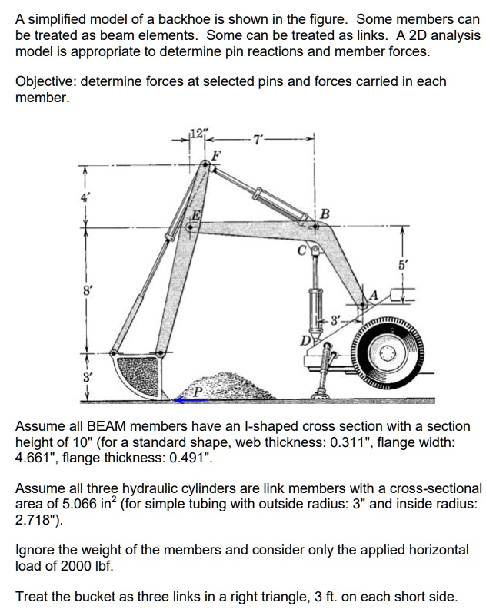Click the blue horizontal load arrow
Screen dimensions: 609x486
(x=185, y=399)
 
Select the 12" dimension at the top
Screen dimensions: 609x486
(x=199, y=135)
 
